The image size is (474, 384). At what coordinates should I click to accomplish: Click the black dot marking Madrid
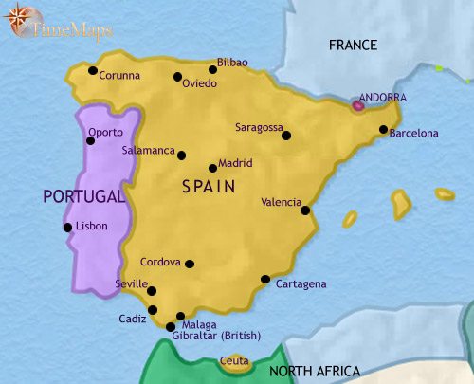coord(212,169)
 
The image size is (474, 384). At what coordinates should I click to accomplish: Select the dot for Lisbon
coord(67,227)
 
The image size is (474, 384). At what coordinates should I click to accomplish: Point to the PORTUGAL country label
coord(83,196)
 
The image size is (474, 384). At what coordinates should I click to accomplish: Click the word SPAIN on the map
coord(209,187)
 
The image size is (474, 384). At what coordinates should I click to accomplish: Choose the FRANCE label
coord(353,46)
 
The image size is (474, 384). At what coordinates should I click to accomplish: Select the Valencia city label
coord(282,202)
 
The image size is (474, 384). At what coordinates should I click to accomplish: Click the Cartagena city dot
coord(265,279)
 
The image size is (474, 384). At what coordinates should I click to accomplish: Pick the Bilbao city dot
coord(212,69)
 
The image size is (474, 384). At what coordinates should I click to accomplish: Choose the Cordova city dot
coord(191,265)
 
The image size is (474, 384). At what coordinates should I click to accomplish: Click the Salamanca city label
coord(149,150)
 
